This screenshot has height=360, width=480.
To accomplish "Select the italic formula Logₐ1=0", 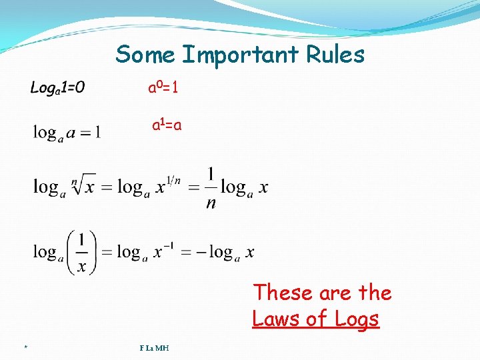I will pos(57,89).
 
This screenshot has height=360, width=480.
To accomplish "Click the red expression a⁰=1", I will pos(163,88).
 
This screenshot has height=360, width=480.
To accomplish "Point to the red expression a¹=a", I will pos(167,125).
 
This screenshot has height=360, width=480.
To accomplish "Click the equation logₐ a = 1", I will pos(67,133).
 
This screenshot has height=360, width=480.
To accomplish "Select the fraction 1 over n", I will pos(211,189).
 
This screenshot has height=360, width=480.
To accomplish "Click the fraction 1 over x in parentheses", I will pos(81,252).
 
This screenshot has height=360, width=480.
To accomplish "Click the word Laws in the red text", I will pos(277,319).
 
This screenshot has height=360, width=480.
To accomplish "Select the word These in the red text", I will pos(283,293).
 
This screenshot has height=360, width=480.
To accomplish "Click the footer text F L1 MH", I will pos(154,347).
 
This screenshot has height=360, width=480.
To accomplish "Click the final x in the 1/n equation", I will pos(263,188).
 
